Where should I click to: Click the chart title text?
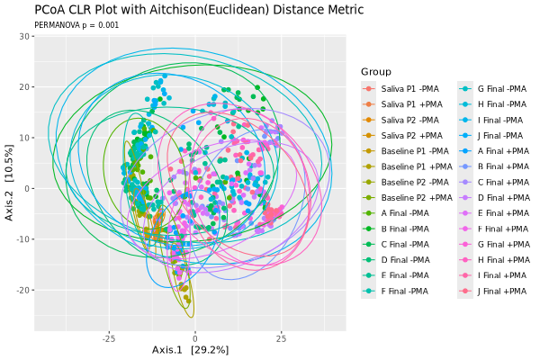pos(199,10)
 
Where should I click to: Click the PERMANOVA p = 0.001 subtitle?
pos(76,25)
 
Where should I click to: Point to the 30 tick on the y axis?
pos(24,36)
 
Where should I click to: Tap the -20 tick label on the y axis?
pos(22,290)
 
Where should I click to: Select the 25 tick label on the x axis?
pos(281,338)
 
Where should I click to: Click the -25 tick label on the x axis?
pos(109,338)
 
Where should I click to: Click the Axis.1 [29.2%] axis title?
pos(191,350)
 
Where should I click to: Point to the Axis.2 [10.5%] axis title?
pos(9,183)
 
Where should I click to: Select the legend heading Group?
pos(376,72)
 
